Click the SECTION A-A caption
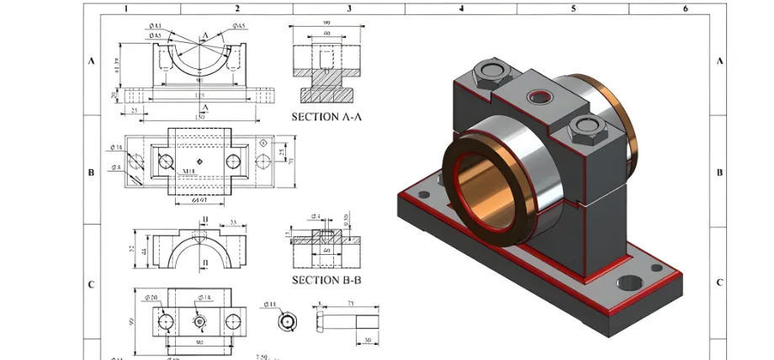[326, 117]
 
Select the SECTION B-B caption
[326, 279]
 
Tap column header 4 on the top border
[461, 9]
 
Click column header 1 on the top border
[125, 9]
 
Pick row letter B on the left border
[91, 172]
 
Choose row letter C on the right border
[719, 283]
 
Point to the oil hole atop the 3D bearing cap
[538, 98]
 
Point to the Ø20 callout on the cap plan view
[152, 299]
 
